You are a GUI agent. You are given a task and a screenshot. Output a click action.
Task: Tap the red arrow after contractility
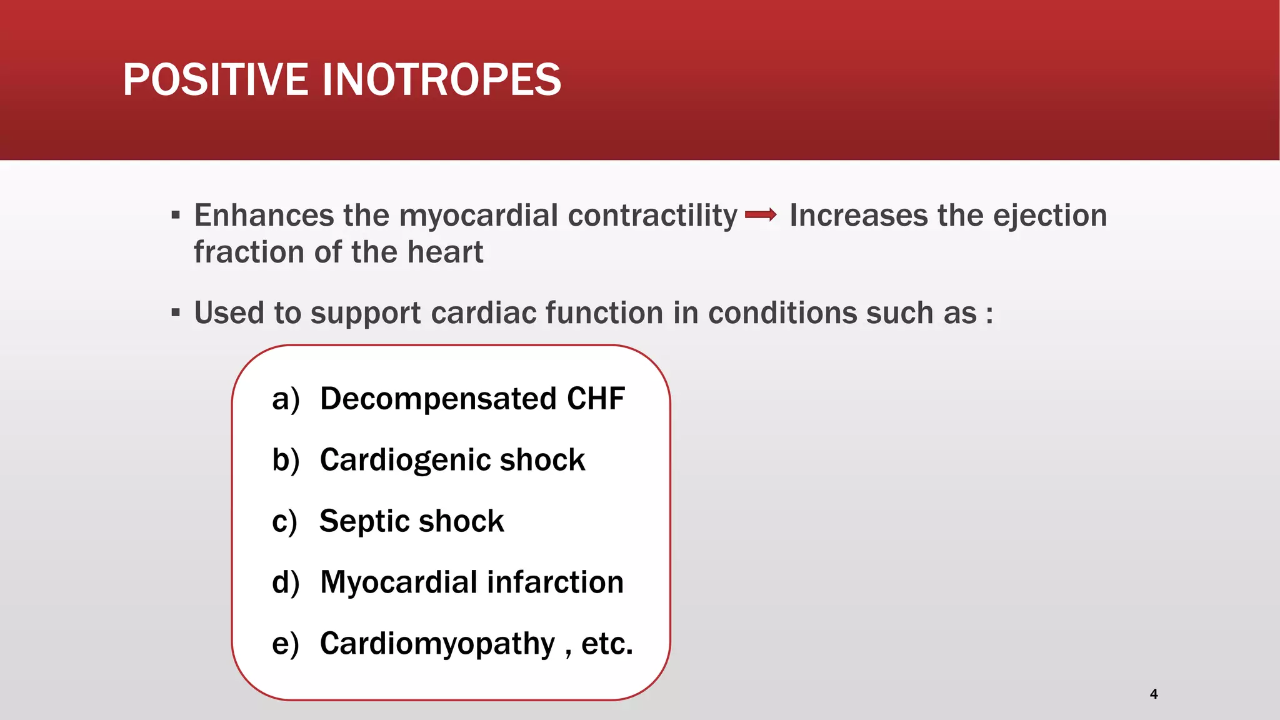coord(761,216)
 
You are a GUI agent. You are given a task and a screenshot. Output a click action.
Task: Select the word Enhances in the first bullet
coord(264,216)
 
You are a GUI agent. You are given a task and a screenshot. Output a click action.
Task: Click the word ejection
coord(1050,216)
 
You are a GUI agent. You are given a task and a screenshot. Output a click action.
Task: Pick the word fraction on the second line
coord(249,252)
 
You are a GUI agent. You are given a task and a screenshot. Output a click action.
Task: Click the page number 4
coord(1154,694)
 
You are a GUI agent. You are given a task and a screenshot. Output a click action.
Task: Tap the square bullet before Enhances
coord(176,216)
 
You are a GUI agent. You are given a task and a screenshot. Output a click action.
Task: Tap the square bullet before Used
coord(176,312)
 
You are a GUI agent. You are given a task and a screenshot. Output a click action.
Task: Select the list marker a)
coord(286,399)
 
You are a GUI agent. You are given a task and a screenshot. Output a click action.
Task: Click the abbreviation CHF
coord(596,399)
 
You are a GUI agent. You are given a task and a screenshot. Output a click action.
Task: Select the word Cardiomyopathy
coord(437,644)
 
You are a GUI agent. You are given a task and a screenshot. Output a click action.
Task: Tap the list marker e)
coord(286,644)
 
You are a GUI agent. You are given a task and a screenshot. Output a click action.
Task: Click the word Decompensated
coord(438,399)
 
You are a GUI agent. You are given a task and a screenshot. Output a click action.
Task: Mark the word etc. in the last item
coord(607,644)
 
